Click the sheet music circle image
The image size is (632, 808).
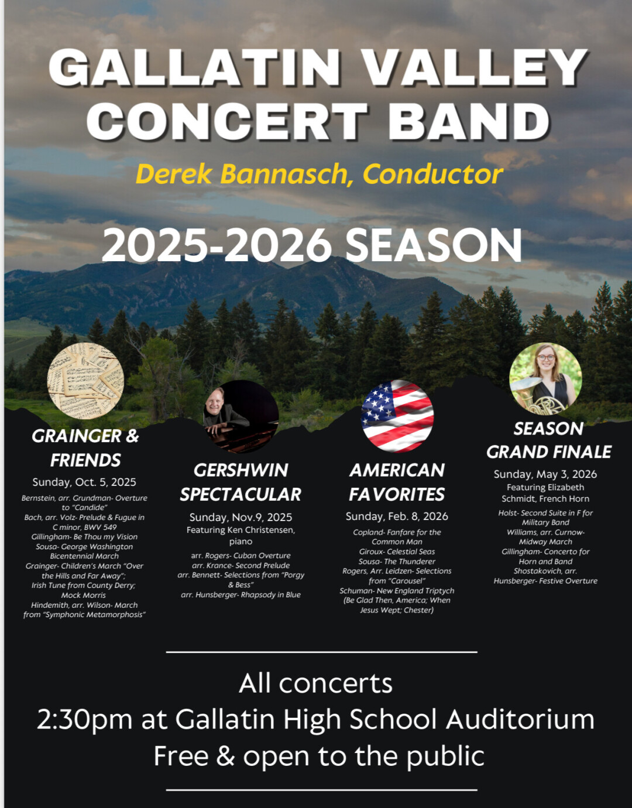click(85, 381)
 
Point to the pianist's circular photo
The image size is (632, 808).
click(241, 416)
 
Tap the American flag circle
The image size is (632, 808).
click(397, 416)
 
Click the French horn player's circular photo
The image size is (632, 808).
click(545, 379)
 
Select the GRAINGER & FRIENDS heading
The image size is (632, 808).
click(85, 448)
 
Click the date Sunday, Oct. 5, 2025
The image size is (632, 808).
click(84, 482)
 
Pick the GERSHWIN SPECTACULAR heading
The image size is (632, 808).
click(241, 482)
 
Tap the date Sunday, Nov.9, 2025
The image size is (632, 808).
click(241, 517)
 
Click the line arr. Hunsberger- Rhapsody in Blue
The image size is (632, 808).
click(241, 594)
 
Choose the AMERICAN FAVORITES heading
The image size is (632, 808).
click(397, 482)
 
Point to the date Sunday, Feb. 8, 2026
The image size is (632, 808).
click(397, 516)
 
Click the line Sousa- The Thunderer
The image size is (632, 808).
click(397, 562)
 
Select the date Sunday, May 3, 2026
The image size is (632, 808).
click(545, 474)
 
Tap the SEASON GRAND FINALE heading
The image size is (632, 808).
click(549, 440)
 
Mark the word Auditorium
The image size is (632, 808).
click(520, 719)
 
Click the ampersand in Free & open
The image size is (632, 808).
click(225, 755)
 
